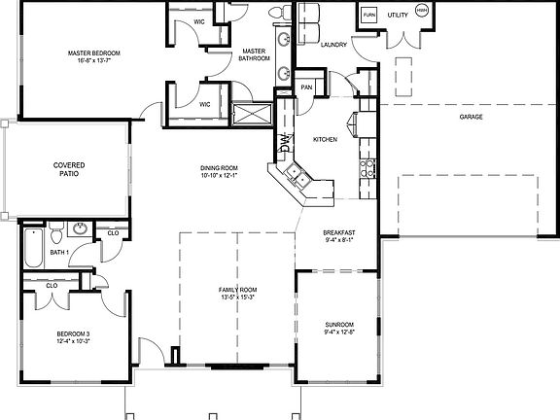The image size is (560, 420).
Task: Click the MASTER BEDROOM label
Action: pos(92,52)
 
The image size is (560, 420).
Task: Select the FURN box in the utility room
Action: pos(369,17)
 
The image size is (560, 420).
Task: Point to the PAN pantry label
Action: pos(305,87)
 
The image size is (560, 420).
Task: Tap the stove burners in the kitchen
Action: pos(370,172)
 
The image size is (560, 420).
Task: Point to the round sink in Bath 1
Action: pos(80,230)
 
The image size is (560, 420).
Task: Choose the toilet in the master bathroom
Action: pos(275,11)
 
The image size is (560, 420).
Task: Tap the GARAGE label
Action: pos(472,117)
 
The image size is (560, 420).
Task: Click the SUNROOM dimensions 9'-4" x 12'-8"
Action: pos(339,332)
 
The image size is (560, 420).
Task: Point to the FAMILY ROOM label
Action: pos(236,290)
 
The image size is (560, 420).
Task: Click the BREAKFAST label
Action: pos(340,232)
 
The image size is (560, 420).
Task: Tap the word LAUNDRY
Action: pos(333,44)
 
